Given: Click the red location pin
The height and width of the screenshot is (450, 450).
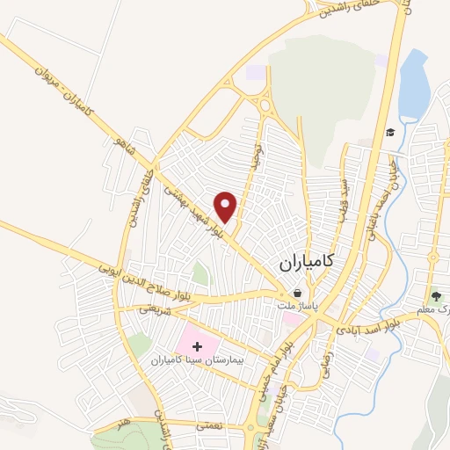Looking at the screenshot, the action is [x=227, y=206].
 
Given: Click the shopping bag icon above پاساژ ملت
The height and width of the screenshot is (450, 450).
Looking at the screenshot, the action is [x=298, y=293].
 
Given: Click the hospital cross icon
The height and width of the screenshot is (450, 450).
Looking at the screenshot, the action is [x=196, y=347].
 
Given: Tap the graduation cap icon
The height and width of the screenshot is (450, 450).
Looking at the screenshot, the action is [x=389, y=133].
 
